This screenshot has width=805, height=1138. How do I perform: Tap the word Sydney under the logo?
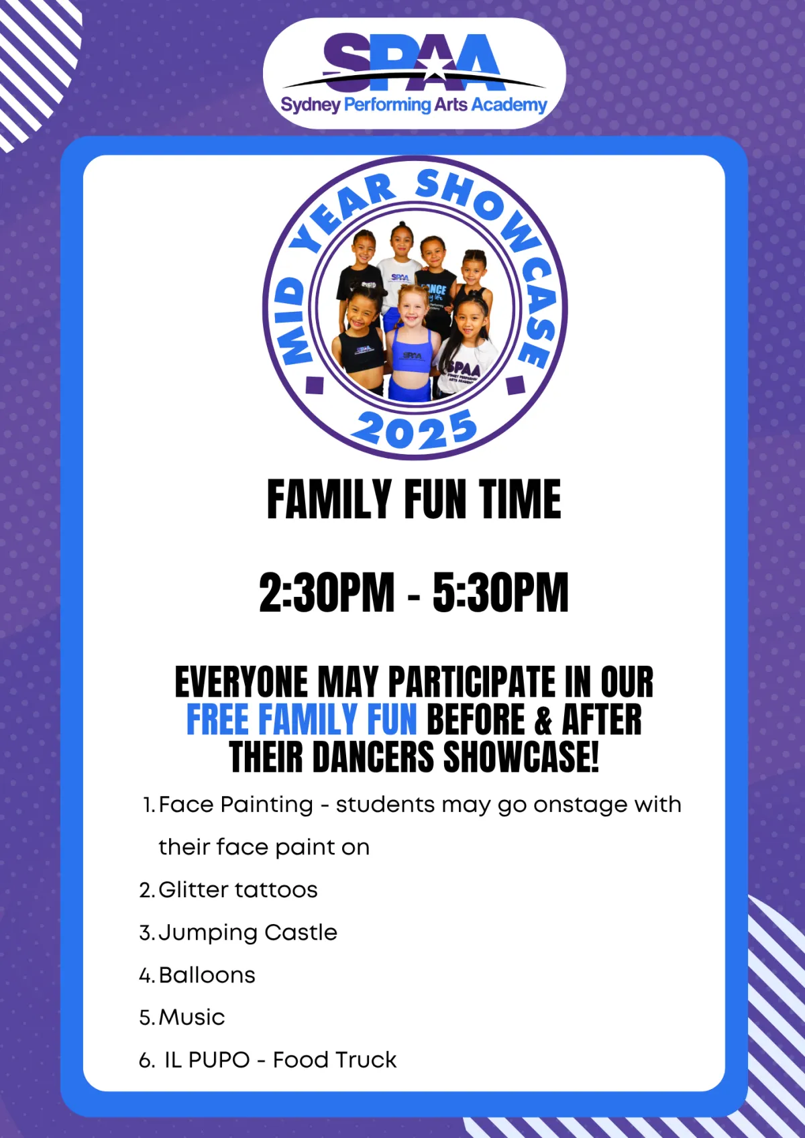(311, 105)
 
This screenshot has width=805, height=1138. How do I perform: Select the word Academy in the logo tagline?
(509, 105)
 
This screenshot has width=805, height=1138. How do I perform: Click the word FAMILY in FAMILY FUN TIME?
(329, 500)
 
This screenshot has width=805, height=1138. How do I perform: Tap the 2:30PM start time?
(327, 592)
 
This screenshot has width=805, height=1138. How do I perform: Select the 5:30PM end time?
(500, 592)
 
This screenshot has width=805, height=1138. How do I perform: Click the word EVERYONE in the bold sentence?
(241, 682)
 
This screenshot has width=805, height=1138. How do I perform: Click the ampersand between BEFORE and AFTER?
(543, 720)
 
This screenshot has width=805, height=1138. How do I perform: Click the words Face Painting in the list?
(236, 805)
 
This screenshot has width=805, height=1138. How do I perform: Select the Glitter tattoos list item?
(238, 890)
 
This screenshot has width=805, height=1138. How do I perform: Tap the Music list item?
(192, 1017)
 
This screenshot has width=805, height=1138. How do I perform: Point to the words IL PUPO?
(207, 1060)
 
